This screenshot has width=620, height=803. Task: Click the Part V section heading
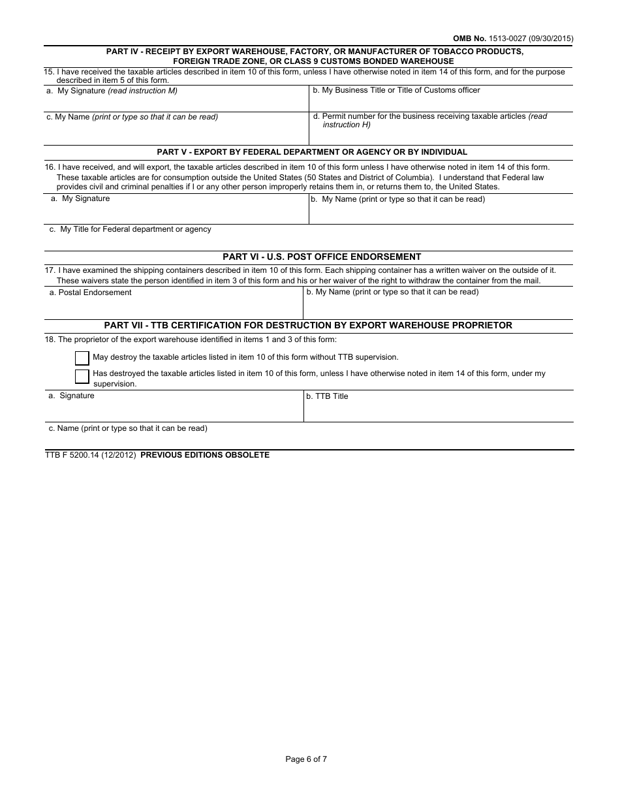(x=312, y=152)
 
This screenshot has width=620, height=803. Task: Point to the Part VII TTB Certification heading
(x=308, y=325)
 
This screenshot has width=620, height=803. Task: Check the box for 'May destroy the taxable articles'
(x=82, y=358)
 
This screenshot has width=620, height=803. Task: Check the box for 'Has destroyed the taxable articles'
(x=82, y=376)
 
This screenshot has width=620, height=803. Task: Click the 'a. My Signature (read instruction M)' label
(x=112, y=91)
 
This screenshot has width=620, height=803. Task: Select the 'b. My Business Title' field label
(x=396, y=90)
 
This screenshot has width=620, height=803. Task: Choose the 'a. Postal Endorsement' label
(x=90, y=292)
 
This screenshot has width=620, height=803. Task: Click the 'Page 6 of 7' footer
(x=306, y=759)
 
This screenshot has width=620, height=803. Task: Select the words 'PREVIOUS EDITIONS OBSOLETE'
(x=205, y=455)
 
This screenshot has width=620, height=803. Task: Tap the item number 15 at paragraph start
(x=49, y=72)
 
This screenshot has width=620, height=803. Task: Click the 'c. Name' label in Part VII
(x=128, y=428)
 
